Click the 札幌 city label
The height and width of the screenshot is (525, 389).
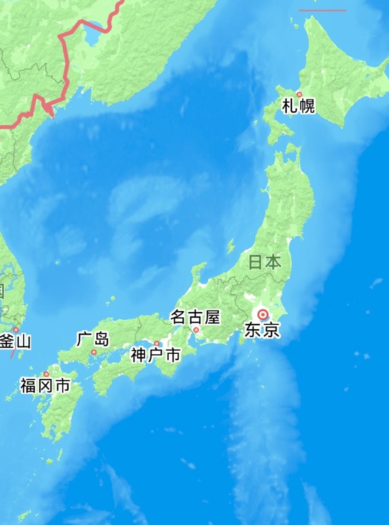[x=298, y=106]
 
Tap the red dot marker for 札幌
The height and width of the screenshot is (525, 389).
[x=299, y=94]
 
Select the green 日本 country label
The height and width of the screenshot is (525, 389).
[x=265, y=262]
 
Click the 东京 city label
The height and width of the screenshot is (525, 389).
[x=262, y=330]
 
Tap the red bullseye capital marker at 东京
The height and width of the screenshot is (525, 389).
[x=262, y=315]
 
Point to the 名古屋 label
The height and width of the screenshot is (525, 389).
[x=195, y=318]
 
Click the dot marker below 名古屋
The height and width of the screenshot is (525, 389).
[x=196, y=330]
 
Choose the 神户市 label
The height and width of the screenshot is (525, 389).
[x=156, y=355]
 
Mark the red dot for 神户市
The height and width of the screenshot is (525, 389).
[x=157, y=343]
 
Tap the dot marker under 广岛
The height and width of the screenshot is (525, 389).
[x=94, y=352]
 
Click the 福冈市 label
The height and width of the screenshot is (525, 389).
[x=45, y=386]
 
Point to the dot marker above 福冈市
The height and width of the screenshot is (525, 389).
[x=46, y=374]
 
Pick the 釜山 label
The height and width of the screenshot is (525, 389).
[x=15, y=342]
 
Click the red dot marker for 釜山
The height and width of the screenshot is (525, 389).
[x=16, y=330]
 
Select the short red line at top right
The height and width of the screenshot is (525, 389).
[x=322, y=10]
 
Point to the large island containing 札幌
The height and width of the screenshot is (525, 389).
[x=334, y=77]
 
